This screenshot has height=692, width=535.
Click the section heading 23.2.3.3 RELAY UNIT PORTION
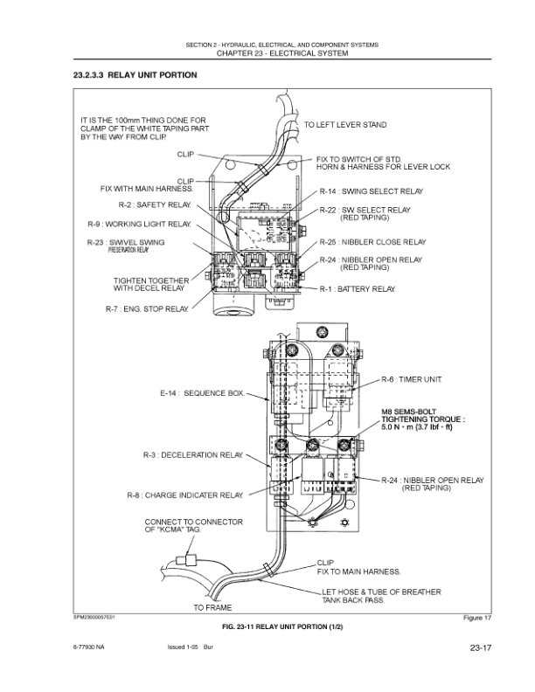135,75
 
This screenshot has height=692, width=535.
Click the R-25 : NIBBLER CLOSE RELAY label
372,242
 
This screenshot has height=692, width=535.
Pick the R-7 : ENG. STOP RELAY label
147,308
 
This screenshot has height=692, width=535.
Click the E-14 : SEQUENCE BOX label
203,394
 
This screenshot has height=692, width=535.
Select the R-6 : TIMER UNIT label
413,379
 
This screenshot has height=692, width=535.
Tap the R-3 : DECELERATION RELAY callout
193,455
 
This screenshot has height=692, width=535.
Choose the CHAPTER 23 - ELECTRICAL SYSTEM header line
267,54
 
